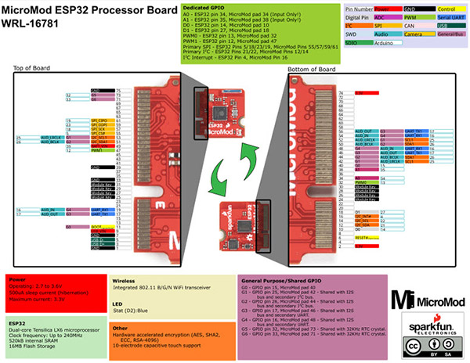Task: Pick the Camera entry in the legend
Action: pos(413,34)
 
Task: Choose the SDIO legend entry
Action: pos(352,44)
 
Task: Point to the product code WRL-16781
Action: pos(38,25)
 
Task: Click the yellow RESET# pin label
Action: pos(363,237)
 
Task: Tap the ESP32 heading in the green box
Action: pos(20,321)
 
